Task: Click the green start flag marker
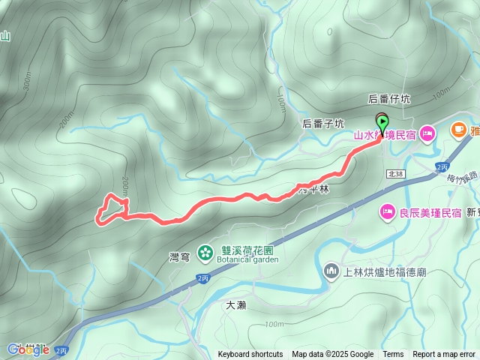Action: point(382,123)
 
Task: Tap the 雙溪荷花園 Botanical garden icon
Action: point(204,253)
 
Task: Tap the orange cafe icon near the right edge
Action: point(457,130)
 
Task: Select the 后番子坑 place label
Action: point(322,123)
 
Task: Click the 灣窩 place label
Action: point(179,257)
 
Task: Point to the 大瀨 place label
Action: point(235,304)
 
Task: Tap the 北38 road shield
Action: point(396,174)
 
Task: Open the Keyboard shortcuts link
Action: point(250,355)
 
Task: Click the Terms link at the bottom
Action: point(393,355)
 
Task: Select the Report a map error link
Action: point(444,355)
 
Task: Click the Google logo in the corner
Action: point(28,349)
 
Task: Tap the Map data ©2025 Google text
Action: point(332,355)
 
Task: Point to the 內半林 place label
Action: point(314,190)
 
